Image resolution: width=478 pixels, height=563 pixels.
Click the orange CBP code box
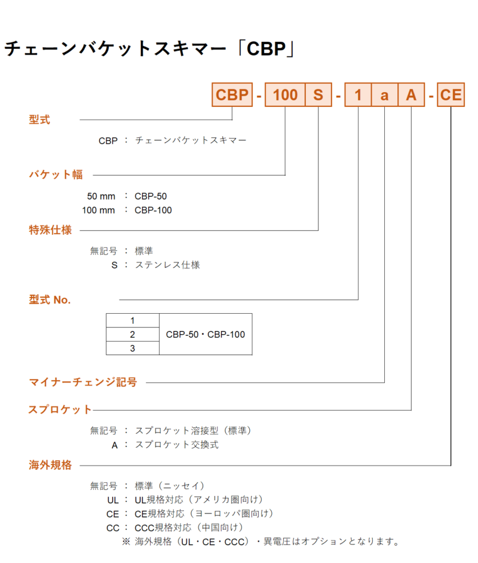(232, 95)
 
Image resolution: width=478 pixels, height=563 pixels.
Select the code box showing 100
(285, 95)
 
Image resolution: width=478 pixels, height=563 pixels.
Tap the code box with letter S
(318, 95)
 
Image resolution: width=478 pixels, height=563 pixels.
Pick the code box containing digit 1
(358, 95)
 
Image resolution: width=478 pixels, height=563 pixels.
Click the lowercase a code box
(385, 95)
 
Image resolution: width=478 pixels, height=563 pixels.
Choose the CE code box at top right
(451, 95)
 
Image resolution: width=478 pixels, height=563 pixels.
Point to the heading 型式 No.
(50, 299)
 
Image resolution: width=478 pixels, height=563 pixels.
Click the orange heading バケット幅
(56, 175)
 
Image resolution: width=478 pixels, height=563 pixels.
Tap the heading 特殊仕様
(50, 230)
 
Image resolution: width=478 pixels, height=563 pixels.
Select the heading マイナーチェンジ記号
(83, 382)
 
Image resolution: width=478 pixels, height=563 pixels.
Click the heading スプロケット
(60, 409)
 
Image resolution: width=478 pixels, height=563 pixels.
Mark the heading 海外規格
(50, 465)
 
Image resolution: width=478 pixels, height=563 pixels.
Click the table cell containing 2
(133, 334)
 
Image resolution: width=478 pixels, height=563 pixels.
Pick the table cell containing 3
(133, 348)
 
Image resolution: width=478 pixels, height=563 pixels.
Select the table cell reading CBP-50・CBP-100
(206, 334)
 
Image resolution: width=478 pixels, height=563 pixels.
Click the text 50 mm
(101, 197)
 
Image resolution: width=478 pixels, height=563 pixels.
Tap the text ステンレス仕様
(167, 265)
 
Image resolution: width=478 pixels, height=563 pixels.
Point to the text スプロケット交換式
(176, 445)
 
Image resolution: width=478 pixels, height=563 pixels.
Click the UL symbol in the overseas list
(113, 500)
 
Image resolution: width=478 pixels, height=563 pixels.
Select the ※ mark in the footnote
(126, 541)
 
